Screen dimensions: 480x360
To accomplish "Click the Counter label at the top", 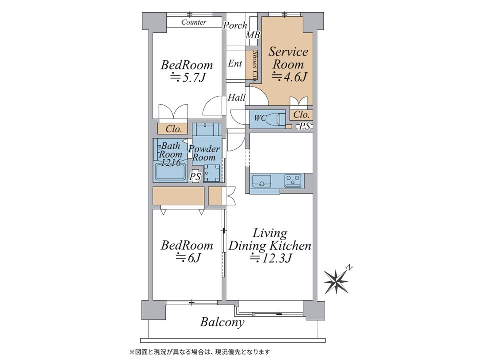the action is pyautogui.click(x=194, y=22).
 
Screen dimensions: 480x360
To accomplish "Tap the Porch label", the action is pyautogui.click(x=235, y=25).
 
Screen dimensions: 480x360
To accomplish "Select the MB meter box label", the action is pyautogui.click(x=253, y=35).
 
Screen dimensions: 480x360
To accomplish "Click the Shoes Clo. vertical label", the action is pyautogui.click(x=254, y=66).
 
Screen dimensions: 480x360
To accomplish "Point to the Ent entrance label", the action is pyautogui.click(x=235, y=63).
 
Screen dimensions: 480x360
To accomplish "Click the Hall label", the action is pyautogui.click(x=237, y=97).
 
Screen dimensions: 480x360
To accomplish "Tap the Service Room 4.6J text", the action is pyautogui.click(x=288, y=64).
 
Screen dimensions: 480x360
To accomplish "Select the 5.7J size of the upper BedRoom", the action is pyautogui.click(x=187, y=78).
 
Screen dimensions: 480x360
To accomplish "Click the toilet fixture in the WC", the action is pyautogui.click(x=276, y=119).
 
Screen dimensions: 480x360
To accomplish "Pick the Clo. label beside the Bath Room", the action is pyautogui.click(x=174, y=129).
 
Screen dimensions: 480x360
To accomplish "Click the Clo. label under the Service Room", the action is pyautogui.click(x=301, y=115).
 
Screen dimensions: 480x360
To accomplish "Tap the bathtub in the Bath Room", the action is pyautogui.click(x=171, y=172).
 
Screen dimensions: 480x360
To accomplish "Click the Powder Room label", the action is pyautogui.click(x=204, y=153).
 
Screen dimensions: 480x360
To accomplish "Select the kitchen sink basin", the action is pyautogui.click(x=261, y=181).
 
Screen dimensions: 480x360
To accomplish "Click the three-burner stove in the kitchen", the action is pyautogui.click(x=293, y=181).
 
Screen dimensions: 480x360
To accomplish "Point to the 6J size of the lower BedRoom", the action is pyautogui.click(x=187, y=258).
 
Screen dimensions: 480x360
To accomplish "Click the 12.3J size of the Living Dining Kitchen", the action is pyautogui.click(x=271, y=258).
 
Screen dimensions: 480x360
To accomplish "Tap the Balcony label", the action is pyautogui.click(x=222, y=322).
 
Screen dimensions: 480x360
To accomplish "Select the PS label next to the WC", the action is pyautogui.click(x=305, y=126).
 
